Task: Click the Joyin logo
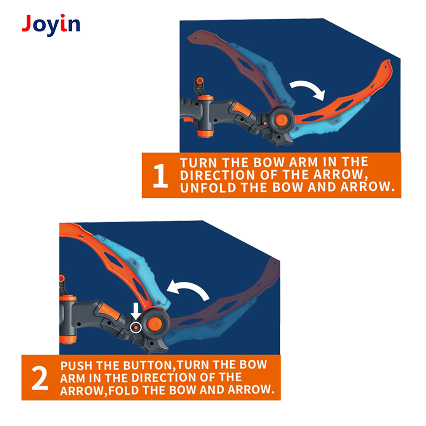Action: click(x=51, y=24)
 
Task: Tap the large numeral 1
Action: click(x=160, y=175)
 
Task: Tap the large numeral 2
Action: click(x=39, y=378)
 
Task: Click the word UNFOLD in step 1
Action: click(x=208, y=187)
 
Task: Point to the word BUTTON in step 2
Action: click(x=148, y=365)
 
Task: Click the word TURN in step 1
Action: click(x=198, y=162)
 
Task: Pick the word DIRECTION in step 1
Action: click(x=217, y=175)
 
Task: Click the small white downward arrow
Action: click(x=136, y=311)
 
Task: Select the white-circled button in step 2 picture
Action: click(x=136, y=327)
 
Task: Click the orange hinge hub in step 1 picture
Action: click(x=281, y=120)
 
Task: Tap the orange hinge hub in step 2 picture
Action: click(x=154, y=323)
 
